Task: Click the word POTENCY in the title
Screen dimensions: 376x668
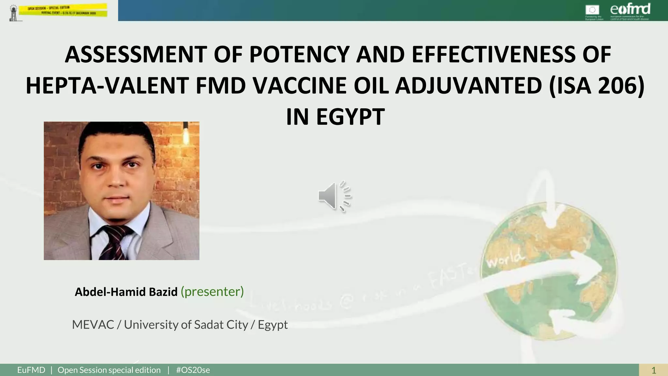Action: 299,55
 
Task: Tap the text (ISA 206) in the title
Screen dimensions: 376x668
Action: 597,86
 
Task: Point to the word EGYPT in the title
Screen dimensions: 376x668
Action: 350,117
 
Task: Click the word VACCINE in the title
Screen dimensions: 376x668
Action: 299,86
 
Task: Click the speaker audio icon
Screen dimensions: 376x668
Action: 334,196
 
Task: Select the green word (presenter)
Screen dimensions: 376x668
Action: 212,291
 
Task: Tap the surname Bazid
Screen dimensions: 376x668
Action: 163,292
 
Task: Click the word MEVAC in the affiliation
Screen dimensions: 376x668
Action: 93,325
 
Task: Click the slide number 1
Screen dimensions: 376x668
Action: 653,370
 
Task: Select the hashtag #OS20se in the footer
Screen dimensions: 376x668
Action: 193,370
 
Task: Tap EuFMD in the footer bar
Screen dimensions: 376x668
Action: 31,370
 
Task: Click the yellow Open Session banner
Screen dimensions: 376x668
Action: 63,10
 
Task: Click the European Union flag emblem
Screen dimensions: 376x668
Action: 592,10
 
